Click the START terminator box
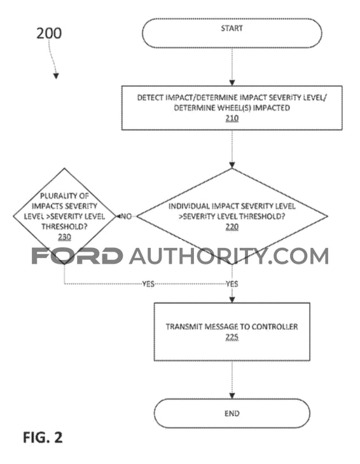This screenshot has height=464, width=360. [232, 33]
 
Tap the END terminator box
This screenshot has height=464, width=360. [232, 413]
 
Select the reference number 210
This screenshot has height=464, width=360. [232, 118]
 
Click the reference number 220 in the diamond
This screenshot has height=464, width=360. [232, 227]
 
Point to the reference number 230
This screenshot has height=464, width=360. [64, 236]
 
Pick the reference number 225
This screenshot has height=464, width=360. [232, 337]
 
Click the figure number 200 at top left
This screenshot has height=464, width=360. [49, 33]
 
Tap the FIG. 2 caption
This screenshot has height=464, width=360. [43, 437]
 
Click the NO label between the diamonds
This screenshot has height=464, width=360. [126, 216]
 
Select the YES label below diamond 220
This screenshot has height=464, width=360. [232, 284]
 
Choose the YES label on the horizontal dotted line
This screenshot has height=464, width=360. [148, 284]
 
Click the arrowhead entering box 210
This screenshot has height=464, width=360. [232, 83]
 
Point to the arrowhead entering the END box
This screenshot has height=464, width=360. [232, 395]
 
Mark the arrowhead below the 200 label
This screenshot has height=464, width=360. [56, 76]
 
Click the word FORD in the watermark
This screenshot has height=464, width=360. [77, 256]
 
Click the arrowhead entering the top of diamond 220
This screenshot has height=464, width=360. [232, 165]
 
